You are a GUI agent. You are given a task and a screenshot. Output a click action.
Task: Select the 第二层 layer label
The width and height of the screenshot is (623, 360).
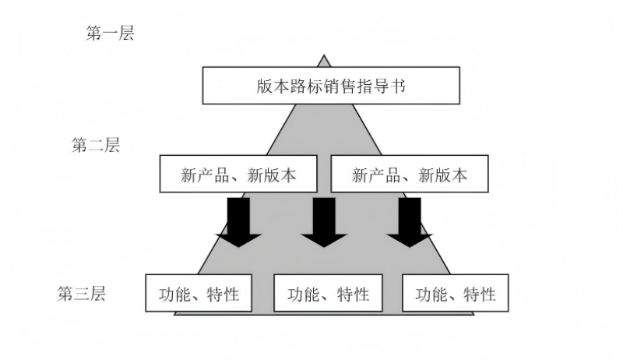coord(95,145)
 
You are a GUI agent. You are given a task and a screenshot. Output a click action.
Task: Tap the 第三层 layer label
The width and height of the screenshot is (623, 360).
coord(82,295)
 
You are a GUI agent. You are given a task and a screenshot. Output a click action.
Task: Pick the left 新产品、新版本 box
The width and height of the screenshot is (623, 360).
coord(239,175)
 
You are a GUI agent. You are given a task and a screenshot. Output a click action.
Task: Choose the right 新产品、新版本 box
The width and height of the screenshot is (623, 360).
coord(410,175)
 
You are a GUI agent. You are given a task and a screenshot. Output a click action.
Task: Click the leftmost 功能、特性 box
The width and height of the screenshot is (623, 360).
coord(199,294)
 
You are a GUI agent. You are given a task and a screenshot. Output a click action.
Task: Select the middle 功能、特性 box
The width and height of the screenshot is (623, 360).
coord(327,294)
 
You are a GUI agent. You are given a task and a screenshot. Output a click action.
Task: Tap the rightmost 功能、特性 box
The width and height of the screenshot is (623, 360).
coord(456,294)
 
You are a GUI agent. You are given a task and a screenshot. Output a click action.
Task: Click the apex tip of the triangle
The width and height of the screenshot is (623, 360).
coord(323,56)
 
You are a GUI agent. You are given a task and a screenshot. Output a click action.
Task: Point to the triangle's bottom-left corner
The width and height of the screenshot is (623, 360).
coord(175,313)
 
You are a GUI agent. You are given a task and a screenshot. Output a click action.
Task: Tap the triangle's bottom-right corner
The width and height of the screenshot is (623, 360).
coord(473,313)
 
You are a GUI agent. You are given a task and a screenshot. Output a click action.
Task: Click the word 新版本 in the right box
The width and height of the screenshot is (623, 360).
coord(443,175)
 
